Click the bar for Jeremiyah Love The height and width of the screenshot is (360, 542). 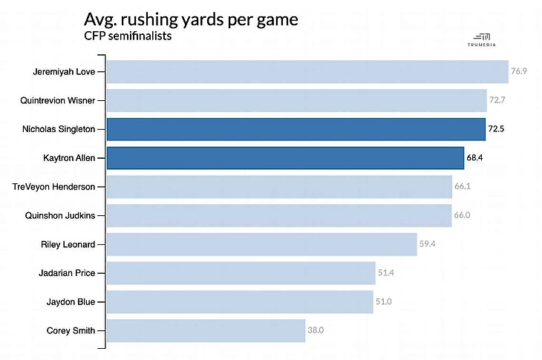pyautogui.click(x=307, y=72)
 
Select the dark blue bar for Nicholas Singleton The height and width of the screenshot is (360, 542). pyautogui.click(x=296, y=129)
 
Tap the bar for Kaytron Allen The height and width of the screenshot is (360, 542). pyautogui.click(x=285, y=158)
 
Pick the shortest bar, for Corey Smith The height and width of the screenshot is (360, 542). pyautogui.click(x=206, y=330)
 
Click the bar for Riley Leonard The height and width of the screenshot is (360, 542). pyautogui.click(x=261, y=244)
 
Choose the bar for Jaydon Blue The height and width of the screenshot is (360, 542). pyautogui.click(x=239, y=302)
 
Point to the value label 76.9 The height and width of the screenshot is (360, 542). pyautogui.click(x=519, y=72)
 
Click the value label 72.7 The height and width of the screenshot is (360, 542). pyautogui.click(x=497, y=100)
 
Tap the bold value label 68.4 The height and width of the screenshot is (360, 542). pyautogui.click(x=476, y=158)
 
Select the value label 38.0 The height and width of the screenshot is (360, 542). pyautogui.click(x=317, y=330)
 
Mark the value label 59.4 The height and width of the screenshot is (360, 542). pyautogui.click(x=428, y=244)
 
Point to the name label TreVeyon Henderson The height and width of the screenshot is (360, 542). pyautogui.click(x=55, y=186)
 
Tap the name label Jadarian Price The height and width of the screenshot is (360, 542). pyautogui.click(x=67, y=273)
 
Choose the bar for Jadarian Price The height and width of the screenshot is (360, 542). pyautogui.click(x=241, y=273)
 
